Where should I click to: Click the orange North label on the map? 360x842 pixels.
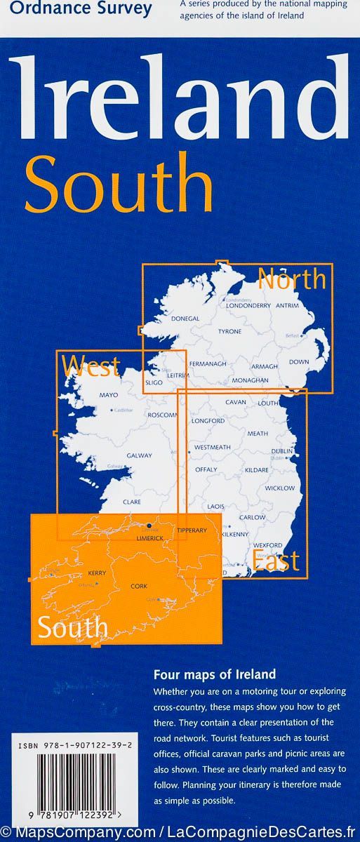[x=292, y=279]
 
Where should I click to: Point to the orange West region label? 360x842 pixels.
[x=91, y=366]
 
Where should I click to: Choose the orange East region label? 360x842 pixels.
[x=276, y=561]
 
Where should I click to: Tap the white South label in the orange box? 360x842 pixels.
[x=73, y=627]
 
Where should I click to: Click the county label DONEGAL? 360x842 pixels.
[x=186, y=319]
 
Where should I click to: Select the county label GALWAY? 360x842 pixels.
[x=139, y=455]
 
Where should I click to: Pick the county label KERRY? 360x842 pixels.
[x=96, y=573]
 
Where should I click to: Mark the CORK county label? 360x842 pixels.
[x=139, y=585]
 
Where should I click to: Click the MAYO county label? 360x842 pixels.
[x=109, y=395]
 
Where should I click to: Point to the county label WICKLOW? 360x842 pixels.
[x=280, y=488]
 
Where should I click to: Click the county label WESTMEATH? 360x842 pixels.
[x=212, y=447]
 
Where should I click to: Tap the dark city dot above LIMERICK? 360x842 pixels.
[x=149, y=525]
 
